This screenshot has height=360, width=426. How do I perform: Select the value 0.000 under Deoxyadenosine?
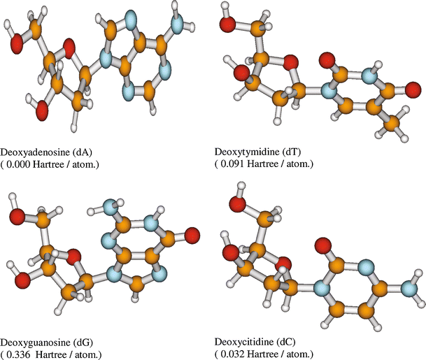[x=24, y=164]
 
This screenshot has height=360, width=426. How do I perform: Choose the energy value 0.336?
[x=24, y=354]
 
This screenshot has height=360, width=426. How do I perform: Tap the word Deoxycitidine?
[x=242, y=342]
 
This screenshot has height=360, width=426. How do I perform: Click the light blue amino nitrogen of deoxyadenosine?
[x=178, y=26]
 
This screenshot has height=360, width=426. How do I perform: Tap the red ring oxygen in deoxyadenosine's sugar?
[x=67, y=48]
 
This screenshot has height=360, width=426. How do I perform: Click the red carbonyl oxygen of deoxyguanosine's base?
[x=191, y=233]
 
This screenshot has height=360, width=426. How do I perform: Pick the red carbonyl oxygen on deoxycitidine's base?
[x=322, y=245]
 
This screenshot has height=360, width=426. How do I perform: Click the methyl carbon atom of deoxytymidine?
[x=395, y=123]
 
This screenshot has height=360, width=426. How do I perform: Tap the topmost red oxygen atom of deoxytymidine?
[x=227, y=25]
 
